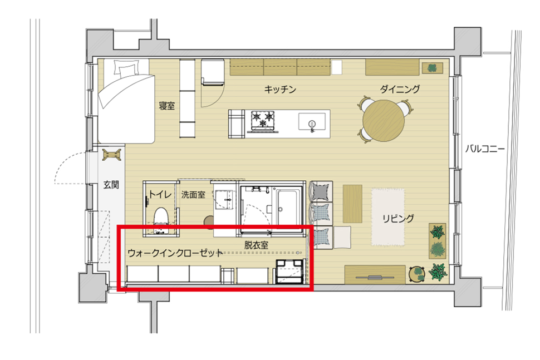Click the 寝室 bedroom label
click(166, 106)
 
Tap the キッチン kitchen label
click(280, 90)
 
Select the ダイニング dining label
click(400, 89)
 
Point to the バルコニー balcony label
click(485, 149)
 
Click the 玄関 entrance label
click(111, 185)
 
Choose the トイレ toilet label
click(160, 194)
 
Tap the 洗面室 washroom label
click(193, 195)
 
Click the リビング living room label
click(398, 218)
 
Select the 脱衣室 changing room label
click(256, 245)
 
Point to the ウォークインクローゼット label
click(175, 253)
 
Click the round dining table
click(384, 120)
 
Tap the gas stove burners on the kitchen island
click(263, 120)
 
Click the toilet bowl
click(160, 219)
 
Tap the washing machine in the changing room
click(289, 271)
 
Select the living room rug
click(388, 217)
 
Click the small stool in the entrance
click(112, 155)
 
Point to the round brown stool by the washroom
click(209, 221)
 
